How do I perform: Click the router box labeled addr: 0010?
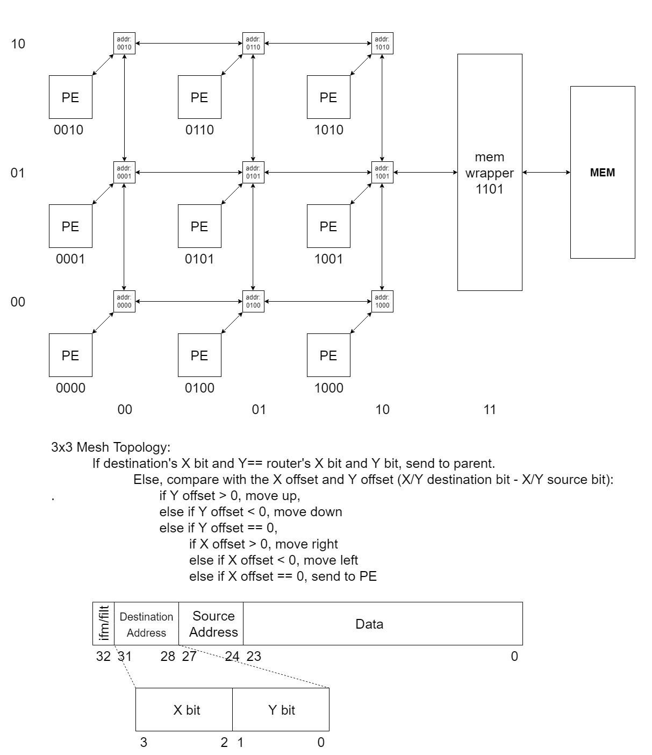(x=124, y=44)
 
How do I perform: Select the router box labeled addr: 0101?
(x=253, y=173)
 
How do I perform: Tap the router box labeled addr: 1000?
(x=382, y=302)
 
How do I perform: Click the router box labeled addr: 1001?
(x=382, y=173)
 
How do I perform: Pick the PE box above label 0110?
(x=199, y=97)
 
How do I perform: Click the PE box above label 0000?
(x=70, y=355)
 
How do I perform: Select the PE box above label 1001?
(x=328, y=226)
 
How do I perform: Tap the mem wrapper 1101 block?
(x=490, y=172)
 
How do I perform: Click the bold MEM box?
(x=603, y=173)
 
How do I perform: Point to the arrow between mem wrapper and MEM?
(x=546, y=173)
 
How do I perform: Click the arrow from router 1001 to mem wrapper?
(x=425, y=173)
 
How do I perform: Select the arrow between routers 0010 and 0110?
(x=189, y=44)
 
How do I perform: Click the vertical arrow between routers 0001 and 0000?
(x=124, y=237)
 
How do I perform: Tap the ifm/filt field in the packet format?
(x=104, y=624)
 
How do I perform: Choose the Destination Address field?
(x=146, y=624)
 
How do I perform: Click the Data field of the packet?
(x=382, y=624)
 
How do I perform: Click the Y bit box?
(x=281, y=710)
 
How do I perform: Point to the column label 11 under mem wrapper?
(x=490, y=410)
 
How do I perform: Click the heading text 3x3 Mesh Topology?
(x=111, y=447)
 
